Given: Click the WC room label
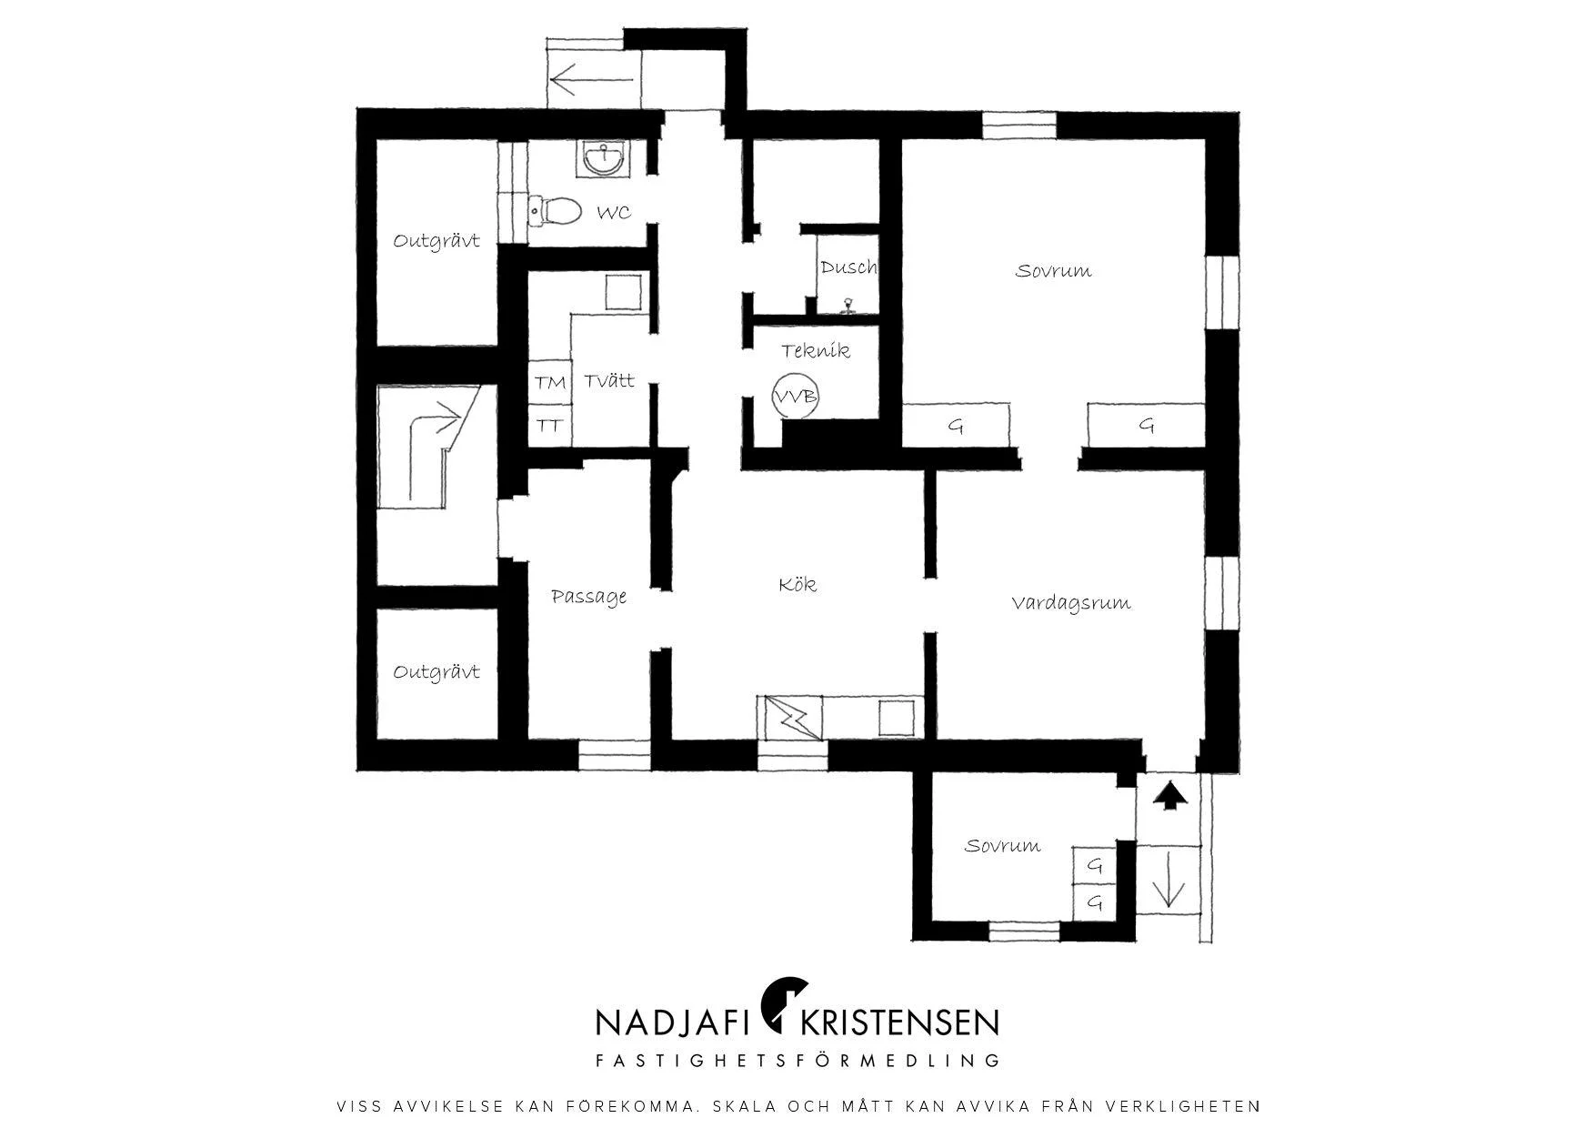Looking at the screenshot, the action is [x=613, y=213].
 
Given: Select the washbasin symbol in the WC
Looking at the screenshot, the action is [x=602, y=159].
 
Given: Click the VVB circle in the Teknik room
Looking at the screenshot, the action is [x=796, y=397].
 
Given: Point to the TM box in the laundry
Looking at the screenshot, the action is [x=550, y=383].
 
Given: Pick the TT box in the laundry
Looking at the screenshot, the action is [x=550, y=425].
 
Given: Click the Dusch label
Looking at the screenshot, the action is [x=848, y=267].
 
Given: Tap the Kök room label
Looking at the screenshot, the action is [x=797, y=584].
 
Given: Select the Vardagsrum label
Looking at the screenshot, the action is [x=1071, y=603].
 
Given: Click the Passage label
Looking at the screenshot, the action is [x=589, y=597].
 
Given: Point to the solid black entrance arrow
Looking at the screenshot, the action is [x=1170, y=796].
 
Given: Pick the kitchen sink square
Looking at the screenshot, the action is [x=898, y=717].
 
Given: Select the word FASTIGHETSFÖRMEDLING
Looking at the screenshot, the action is [x=797, y=1061].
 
